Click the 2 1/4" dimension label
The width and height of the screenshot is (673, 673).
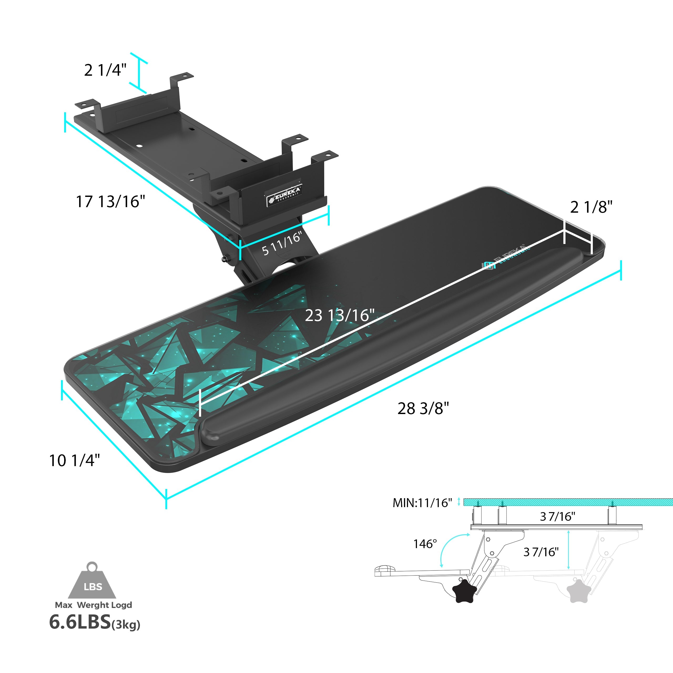105,70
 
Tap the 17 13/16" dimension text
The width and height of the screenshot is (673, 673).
110,202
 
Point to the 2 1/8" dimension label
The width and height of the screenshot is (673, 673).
591,207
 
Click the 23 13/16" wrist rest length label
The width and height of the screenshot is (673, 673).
340,315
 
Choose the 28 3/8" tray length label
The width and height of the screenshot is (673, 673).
423,408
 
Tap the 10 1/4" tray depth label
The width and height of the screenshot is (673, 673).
75,461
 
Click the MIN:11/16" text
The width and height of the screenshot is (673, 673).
422,503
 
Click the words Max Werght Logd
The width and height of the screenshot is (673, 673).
93,605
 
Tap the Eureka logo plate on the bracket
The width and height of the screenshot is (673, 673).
284,196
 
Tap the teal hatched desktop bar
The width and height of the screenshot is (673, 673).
568,502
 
